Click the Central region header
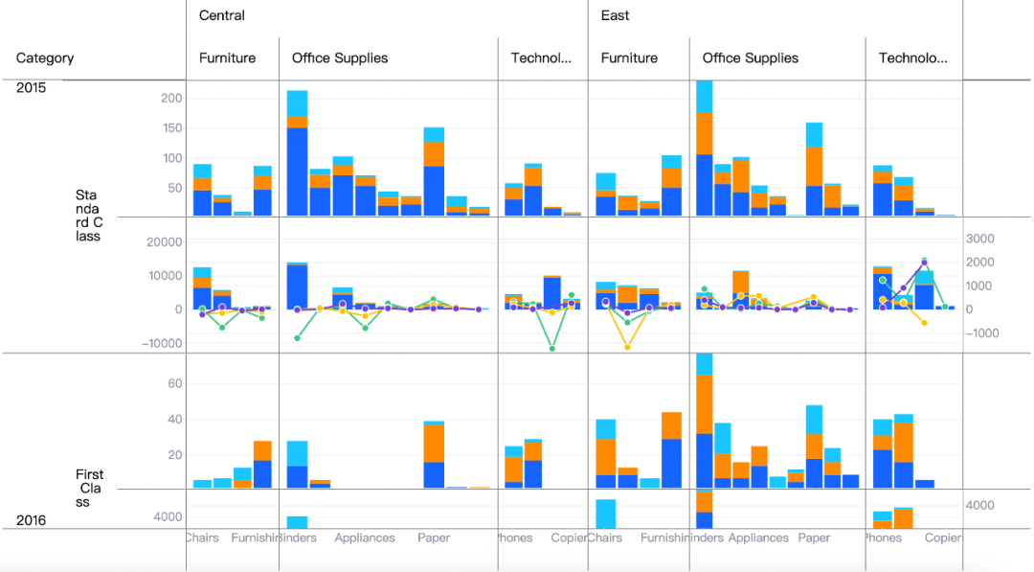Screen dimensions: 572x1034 (222, 15)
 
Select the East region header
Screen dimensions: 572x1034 (615, 15)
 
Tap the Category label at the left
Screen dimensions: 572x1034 (45, 58)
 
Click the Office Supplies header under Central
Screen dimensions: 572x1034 (340, 58)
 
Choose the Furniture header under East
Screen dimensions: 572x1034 (629, 58)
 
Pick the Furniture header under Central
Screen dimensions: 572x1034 (227, 58)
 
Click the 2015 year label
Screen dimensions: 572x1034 (31, 88)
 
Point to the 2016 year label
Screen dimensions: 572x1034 (31, 520)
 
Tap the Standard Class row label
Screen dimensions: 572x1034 (89, 216)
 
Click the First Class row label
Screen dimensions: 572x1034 (89, 488)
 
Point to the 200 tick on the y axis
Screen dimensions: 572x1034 (171, 98)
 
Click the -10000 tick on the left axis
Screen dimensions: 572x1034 (160, 344)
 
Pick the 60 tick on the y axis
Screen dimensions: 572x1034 (174, 383)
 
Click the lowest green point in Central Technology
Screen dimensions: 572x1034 (552, 349)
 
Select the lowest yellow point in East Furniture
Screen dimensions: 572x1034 (627, 347)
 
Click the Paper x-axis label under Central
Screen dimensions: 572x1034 (434, 538)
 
